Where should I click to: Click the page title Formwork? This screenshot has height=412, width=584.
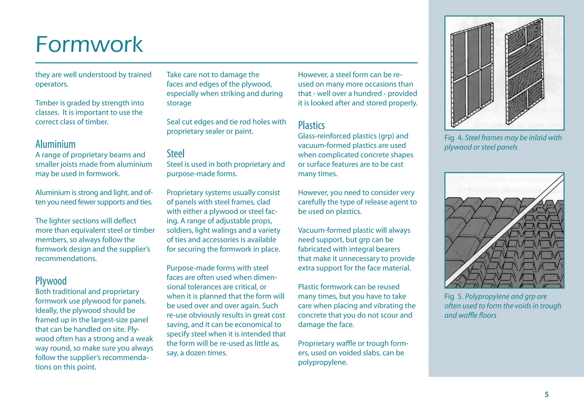pos(89,45)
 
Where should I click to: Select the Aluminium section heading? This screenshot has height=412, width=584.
pos(55,144)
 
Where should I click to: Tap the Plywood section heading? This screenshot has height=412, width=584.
pos(51,281)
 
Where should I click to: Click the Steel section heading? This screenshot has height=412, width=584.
pos(175,154)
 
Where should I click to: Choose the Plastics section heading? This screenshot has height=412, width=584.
pos(311,126)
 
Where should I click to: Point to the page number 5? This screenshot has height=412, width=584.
pos(546,395)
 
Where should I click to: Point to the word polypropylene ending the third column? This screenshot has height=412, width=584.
pos(322,363)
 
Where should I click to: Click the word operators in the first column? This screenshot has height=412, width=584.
pos(51,85)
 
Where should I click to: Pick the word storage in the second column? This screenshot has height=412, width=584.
pos(179,103)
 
